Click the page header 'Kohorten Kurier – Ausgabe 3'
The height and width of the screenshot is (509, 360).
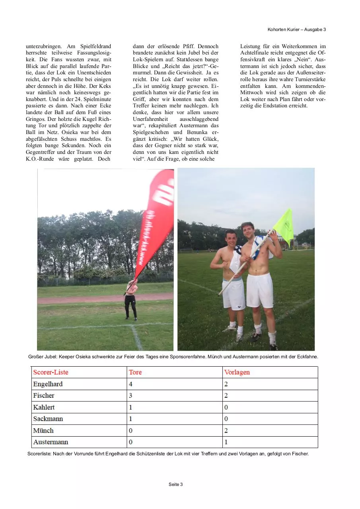point(297,29)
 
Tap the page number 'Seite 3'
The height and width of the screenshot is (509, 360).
point(175,484)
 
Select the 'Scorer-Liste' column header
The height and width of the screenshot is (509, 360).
point(51,372)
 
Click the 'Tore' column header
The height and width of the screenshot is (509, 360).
point(135,372)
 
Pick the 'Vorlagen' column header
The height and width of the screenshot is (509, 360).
point(237,372)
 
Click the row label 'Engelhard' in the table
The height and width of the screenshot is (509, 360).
point(48,384)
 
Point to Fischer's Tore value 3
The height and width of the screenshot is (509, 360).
point(131,396)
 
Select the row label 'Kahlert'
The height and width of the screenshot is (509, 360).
point(44,407)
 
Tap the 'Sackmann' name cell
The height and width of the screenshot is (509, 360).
point(48,419)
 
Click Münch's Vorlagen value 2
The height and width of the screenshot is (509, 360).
point(226,431)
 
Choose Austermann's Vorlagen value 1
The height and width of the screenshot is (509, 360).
point(226,442)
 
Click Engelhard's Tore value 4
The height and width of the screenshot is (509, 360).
point(131,384)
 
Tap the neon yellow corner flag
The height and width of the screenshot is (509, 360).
point(284,225)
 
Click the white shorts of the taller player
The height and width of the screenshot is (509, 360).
point(259,290)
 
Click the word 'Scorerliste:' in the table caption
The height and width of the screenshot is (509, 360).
point(40,454)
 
